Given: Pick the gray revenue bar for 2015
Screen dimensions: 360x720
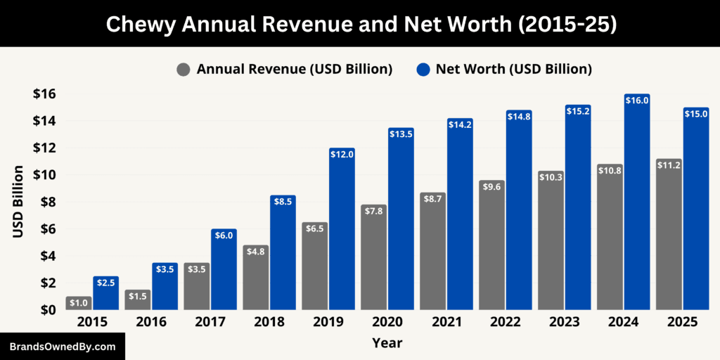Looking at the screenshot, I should (x=79, y=303).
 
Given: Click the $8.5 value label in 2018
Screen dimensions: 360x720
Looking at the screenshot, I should (x=283, y=202).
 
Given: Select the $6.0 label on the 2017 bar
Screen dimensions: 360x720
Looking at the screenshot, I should (x=224, y=236).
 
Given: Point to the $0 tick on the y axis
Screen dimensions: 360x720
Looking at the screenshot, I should (x=49, y=310).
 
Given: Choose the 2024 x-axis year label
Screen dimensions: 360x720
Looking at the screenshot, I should (x=624, y=322).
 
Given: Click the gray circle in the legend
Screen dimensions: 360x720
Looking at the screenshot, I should (x=184, y=70).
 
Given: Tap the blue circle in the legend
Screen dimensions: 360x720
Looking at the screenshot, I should (x=423, y=70).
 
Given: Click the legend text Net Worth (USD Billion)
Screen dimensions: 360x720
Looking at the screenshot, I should (x=513, y=70).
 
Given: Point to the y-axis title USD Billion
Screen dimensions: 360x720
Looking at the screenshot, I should (x=18, y=202).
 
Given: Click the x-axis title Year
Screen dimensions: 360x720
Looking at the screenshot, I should (x=387, y=343).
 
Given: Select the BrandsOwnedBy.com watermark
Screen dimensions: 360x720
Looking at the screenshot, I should (x=62, y=347).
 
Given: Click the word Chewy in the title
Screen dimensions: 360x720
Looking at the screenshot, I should (x=139, y=23).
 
